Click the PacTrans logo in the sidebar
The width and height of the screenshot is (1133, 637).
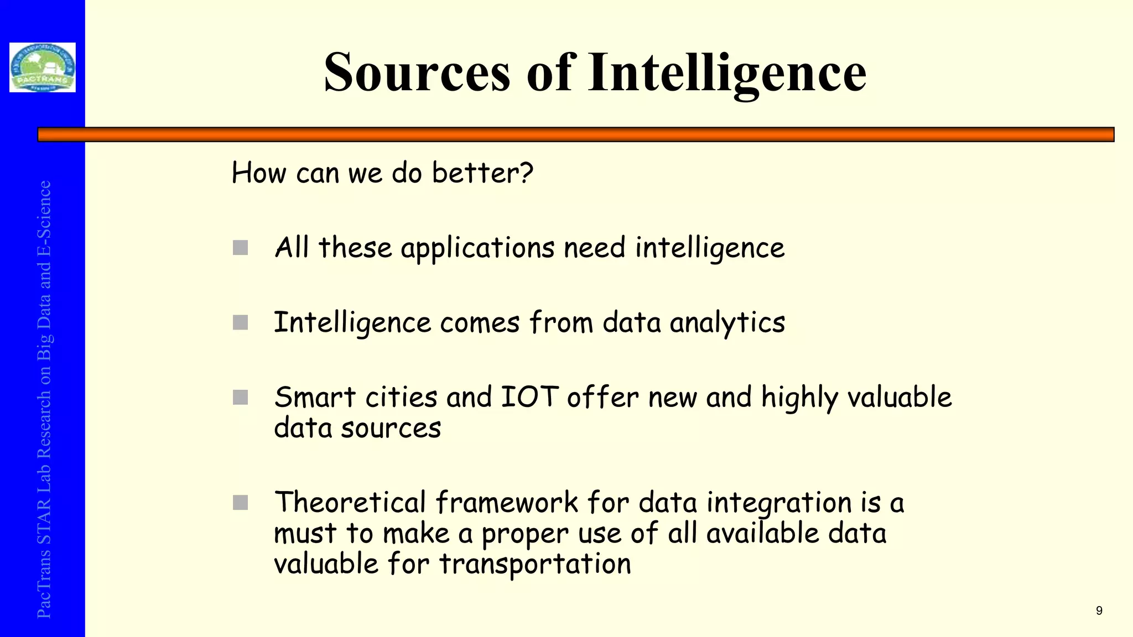(x=43, y=67)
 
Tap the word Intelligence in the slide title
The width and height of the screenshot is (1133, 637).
(x=727, y=73)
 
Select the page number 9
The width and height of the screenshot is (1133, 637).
(x=1099, y=610)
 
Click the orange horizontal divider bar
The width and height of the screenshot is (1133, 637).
(x=575, y=134)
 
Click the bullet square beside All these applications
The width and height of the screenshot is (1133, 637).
(x=241, y=248)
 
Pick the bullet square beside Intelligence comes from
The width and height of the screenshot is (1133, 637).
(x=241, y=322)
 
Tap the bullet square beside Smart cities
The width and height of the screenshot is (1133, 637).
(x=241, y=397)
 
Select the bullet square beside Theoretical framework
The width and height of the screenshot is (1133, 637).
(x=241, y=503)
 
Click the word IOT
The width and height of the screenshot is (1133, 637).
(x=529, y=397)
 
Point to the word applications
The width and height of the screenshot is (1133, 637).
(x=477, y=248)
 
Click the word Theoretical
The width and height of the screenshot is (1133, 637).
(x=350, y=503)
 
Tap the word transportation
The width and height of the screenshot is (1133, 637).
(x=535, y=565)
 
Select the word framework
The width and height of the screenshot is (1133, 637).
(x=506, y=503)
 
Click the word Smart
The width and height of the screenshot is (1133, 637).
(x=315, y=397)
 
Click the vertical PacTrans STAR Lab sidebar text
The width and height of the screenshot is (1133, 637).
(x=44, y=398)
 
